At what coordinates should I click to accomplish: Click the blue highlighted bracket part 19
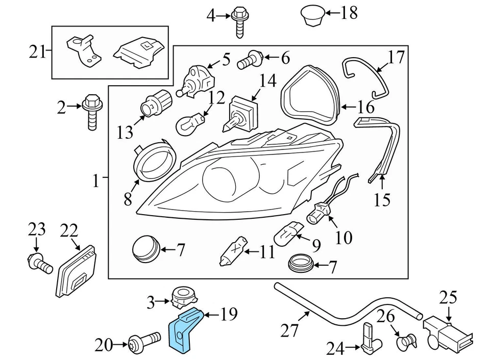coord(185,330)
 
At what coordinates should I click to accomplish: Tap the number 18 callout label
coord(349,13)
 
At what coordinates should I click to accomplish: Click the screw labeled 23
coord(39,263)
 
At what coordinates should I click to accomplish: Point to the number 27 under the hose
coord(290,331)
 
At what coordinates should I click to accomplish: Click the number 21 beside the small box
coord(37,52)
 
